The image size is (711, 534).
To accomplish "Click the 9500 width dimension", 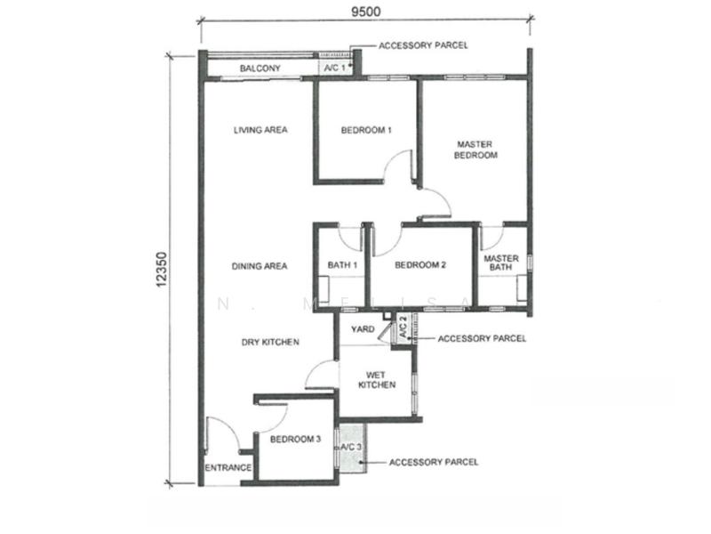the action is pyautogui.click(x=366, y=11).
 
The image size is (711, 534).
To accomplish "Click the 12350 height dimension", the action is pyautogui.click(x=162, y=270).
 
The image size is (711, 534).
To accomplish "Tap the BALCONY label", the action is pyautogui.click(x=260, y=69).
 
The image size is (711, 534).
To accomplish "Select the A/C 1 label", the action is pyautogui.click(x=335, y=69).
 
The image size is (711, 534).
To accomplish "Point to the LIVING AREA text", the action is pyautogui.click(x=260, y=130).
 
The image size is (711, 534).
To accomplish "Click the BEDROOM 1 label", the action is pyautogui.click(x=366, y=130).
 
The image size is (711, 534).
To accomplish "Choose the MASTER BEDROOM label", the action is pyautogui.click(x=475, y=150).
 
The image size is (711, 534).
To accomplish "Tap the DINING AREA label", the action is pyautogui.click(x=260, y=266).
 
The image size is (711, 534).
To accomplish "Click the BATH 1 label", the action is pyautogui.click(x=342, y=264).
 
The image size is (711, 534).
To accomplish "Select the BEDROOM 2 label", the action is pyautogui.click(x=420, y=264).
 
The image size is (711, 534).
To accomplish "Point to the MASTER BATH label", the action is pyautogui.click(x=501, y=263).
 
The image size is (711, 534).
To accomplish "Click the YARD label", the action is pyautogui.click(x=363, y=328).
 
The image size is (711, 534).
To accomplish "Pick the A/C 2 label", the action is pyautogui.click(x=403, y=327).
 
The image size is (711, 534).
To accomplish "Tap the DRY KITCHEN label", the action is pyautogui.click(x=270, y=342).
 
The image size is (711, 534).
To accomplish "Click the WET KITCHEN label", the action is pyautogui.click(x=377, y=380).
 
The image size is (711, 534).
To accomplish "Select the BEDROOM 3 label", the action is pyautogui.click(x=295, y=439).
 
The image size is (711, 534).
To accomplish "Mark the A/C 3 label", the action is pyautogui.click(x=351, y=448).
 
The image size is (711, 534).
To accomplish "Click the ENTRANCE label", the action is pyautogui.click(x=228, y=468).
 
